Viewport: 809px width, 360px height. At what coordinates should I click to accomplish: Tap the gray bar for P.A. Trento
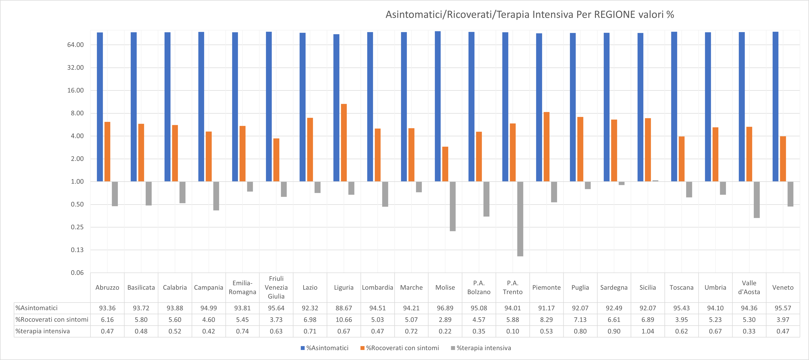point(520,219)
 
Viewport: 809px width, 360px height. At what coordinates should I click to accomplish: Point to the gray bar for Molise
point(453,206)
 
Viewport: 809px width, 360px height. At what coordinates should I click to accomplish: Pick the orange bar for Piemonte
point(546,147)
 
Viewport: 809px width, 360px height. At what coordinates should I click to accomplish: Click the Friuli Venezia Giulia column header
point(276,287)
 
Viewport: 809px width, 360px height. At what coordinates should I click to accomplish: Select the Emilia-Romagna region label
point(242,287)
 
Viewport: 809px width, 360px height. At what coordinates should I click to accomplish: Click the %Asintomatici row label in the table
point(37,308)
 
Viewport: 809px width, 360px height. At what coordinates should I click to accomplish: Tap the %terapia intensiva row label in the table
point(43,331)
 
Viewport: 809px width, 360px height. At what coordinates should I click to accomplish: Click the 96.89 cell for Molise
point(445,308)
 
